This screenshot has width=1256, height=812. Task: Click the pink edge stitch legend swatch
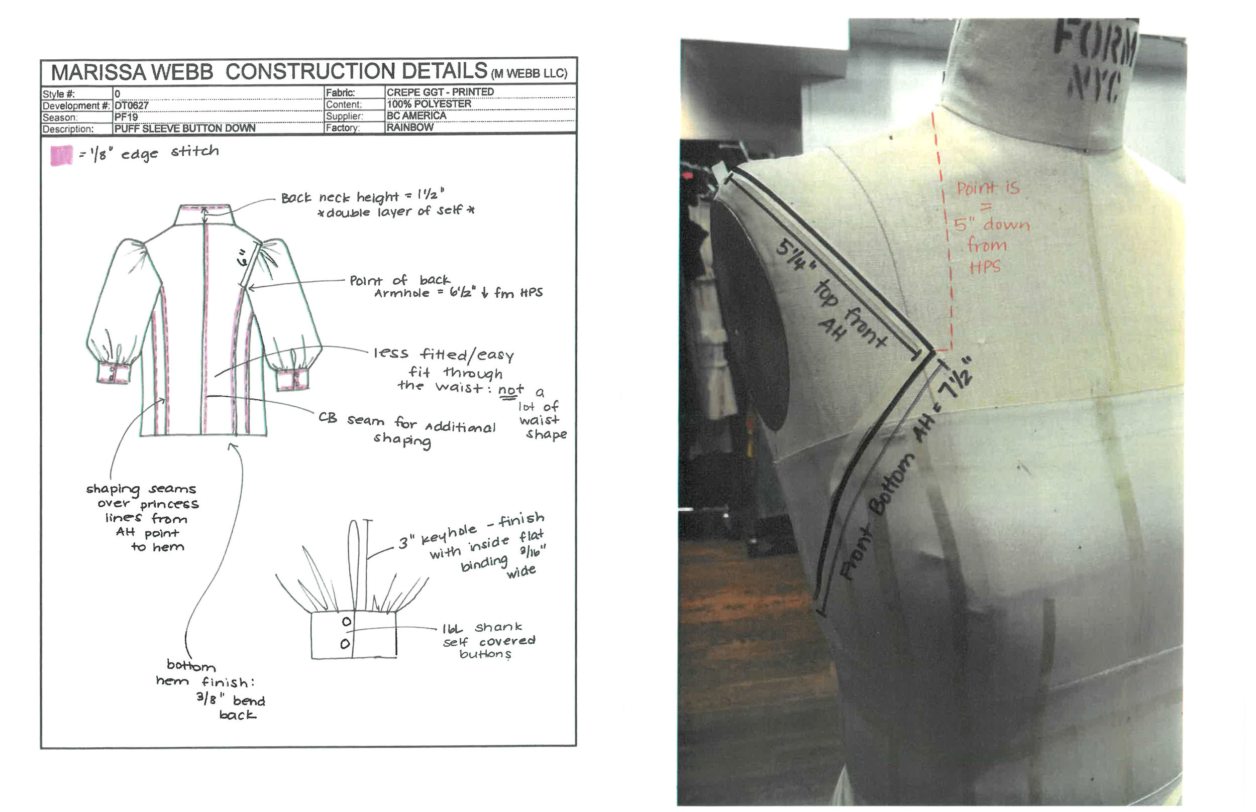tap(61, 156)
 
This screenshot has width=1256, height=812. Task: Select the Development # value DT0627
tap(132, 105)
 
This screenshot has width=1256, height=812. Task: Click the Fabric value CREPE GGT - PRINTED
tap(440, 92)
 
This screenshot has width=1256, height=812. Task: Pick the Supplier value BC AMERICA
tap(416, 115)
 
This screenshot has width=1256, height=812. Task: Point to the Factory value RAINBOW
tap(410, 128)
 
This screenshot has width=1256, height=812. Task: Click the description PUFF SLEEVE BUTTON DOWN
tap(184, 129)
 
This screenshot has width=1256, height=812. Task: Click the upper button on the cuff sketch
tap(346, 622)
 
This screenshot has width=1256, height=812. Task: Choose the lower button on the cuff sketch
tap(345, 644)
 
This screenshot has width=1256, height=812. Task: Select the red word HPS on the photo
tap(984, 267)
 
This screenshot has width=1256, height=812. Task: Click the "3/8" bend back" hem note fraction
tap(211, 699)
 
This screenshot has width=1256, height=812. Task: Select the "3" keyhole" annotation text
tap(438, 538)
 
